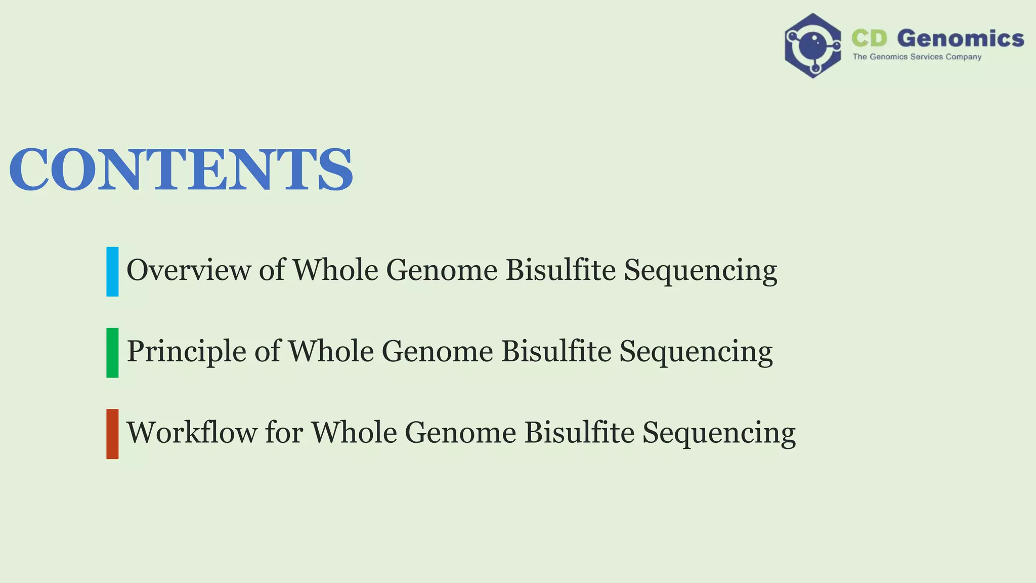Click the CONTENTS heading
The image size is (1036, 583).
click(x=181, y=169)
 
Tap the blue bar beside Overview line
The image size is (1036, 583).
click(x=112, y=271)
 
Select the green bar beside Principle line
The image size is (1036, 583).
click(x=112, y=353)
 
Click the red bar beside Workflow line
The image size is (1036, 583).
click(x=112, y=434)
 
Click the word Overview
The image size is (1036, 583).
click(x=188, y=270)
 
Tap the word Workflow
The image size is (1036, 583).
click(x=191, y=433)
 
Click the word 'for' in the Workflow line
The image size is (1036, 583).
click(x=284, y=433)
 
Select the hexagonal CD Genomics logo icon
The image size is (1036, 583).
click(x=813, y=46)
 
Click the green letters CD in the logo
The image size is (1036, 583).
click(x=869, y=38)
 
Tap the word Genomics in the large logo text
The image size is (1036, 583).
click(x=961, y=38)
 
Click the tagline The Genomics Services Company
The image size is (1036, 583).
click(x=917, y=57)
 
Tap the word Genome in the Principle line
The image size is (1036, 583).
click(x=437, y=351)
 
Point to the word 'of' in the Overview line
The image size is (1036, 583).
click(x=272, y=270)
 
